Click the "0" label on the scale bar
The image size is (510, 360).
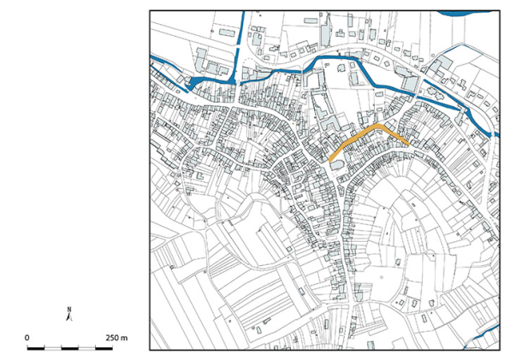pyautogui.click(x=27, y=338)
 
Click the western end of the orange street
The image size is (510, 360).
pyautogui.click(x=331, y=159)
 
